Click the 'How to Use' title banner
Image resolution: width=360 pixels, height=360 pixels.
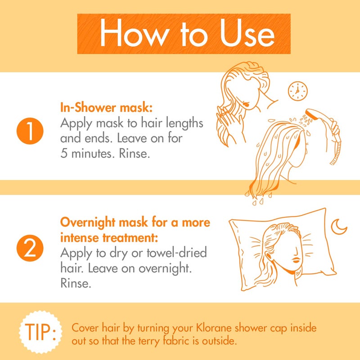coord(180,34)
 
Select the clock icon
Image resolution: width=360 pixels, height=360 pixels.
coord(297,91)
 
